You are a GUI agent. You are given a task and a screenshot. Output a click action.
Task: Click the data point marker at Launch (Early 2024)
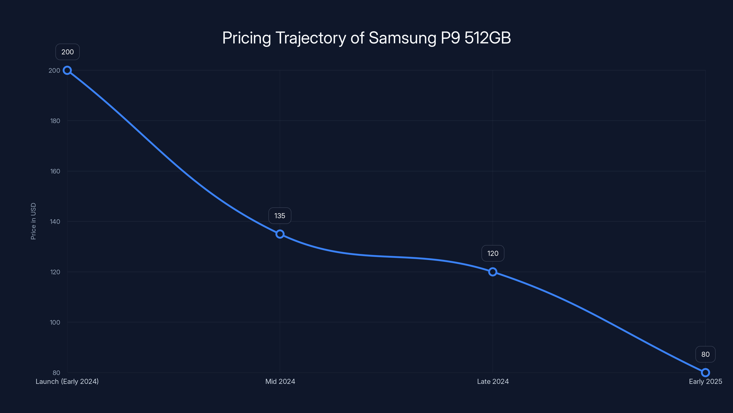[x=67, y=70]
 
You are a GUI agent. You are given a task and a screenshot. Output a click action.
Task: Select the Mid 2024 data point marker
[x=280, y=234]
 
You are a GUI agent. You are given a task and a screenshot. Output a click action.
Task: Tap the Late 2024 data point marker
[x=492, y=272]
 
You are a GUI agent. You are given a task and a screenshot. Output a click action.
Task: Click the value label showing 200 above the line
[x=67, y=52]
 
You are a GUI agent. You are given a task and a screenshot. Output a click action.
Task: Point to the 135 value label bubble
[x=280, y=216]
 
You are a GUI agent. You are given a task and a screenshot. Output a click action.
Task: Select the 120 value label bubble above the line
[x=492, y=253]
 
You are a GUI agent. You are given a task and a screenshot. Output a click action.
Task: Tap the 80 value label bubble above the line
[x=705, y=354]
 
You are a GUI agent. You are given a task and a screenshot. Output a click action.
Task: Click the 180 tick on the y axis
[x=55, y=121]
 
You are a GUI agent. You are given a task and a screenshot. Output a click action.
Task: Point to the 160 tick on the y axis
[x=55, y=171]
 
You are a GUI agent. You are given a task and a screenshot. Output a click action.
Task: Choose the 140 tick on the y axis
[x=55, y=222]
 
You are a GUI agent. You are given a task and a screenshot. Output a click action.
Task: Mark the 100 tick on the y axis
[x=55, y=322]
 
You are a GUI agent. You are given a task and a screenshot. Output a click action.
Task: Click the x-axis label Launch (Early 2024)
[x=67, y=381]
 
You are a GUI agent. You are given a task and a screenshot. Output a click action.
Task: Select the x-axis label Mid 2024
[x=280, y=381]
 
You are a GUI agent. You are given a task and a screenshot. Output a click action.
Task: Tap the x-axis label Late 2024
[x=492, y=381]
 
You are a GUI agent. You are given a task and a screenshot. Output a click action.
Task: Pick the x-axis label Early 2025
[x=705, y=381]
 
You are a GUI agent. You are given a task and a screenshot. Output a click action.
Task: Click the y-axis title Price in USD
[x=33, y=221]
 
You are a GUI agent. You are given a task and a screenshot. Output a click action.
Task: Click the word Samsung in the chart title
[x=402, y=38]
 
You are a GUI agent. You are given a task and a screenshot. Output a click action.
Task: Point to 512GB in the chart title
[x=487, y=38]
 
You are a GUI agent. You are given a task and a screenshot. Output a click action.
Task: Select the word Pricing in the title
[x=246, y=38]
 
